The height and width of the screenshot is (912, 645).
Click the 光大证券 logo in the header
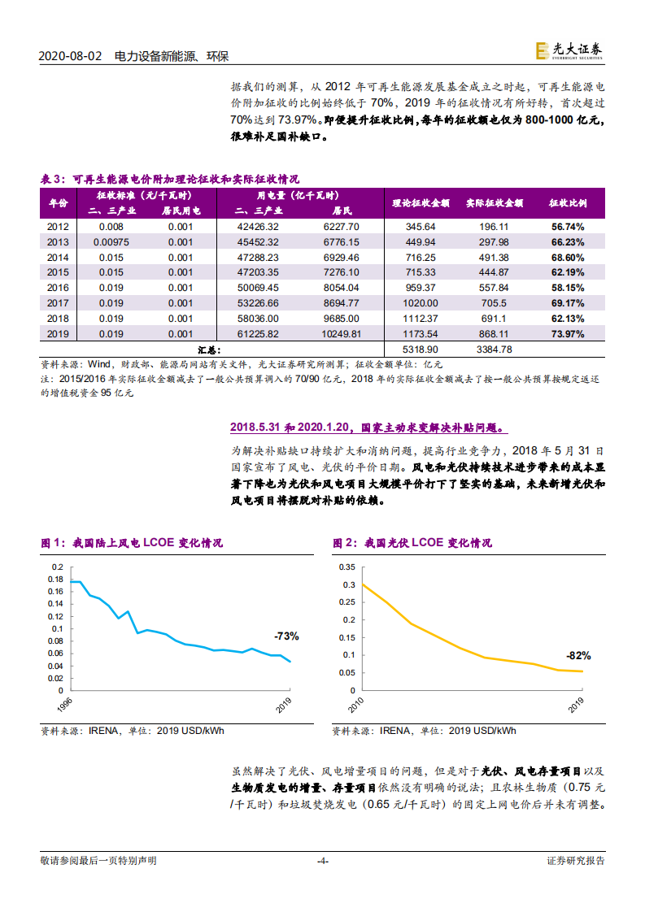[569, 50]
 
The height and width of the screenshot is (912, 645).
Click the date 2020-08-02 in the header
[71, 56]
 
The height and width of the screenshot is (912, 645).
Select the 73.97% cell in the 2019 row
[566, 333]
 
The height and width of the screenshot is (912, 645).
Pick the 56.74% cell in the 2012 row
[566, 227]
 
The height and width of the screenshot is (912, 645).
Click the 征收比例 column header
[566, 202]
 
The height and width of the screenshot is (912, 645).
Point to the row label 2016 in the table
[59, 288]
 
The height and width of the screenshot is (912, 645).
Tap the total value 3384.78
[495, 350]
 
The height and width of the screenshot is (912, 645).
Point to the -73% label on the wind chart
[286, 636]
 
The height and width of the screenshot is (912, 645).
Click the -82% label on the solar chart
[578, 655]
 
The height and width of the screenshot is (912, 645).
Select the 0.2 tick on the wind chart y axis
[57, 567]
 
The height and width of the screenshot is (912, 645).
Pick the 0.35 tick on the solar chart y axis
[346, 567]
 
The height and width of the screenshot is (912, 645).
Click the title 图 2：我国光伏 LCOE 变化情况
[412, 543]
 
